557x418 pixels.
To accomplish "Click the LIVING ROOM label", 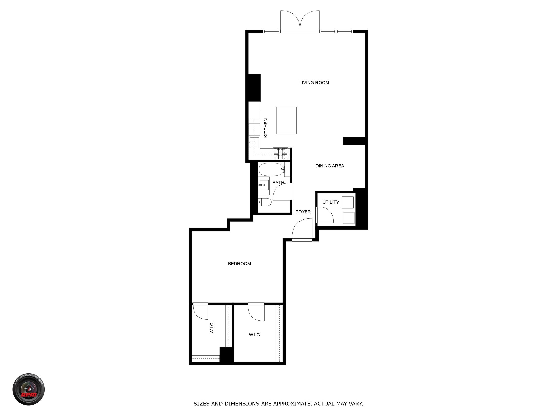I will pos(314,83).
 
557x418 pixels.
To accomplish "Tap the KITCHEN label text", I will pos(266,128).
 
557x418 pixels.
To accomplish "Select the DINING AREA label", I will pos(330,166).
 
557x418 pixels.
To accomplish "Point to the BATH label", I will pos(278,182).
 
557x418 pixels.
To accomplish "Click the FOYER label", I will pos(303,212).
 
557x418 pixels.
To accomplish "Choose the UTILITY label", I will pos(331,202).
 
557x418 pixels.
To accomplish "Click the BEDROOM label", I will pos(239,264).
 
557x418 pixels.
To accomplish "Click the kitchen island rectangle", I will pos(286,120).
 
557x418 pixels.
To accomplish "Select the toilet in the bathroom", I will pos(265,202).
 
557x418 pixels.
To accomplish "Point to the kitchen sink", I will pos(254,142).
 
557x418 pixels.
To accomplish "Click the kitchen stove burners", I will pos(281,154).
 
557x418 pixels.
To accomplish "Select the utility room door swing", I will pos(325,215).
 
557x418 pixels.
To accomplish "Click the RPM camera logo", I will pos(29,389).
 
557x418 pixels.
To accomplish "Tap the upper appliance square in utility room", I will pos(348,202).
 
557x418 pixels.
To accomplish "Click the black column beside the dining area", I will pos(354,141).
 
